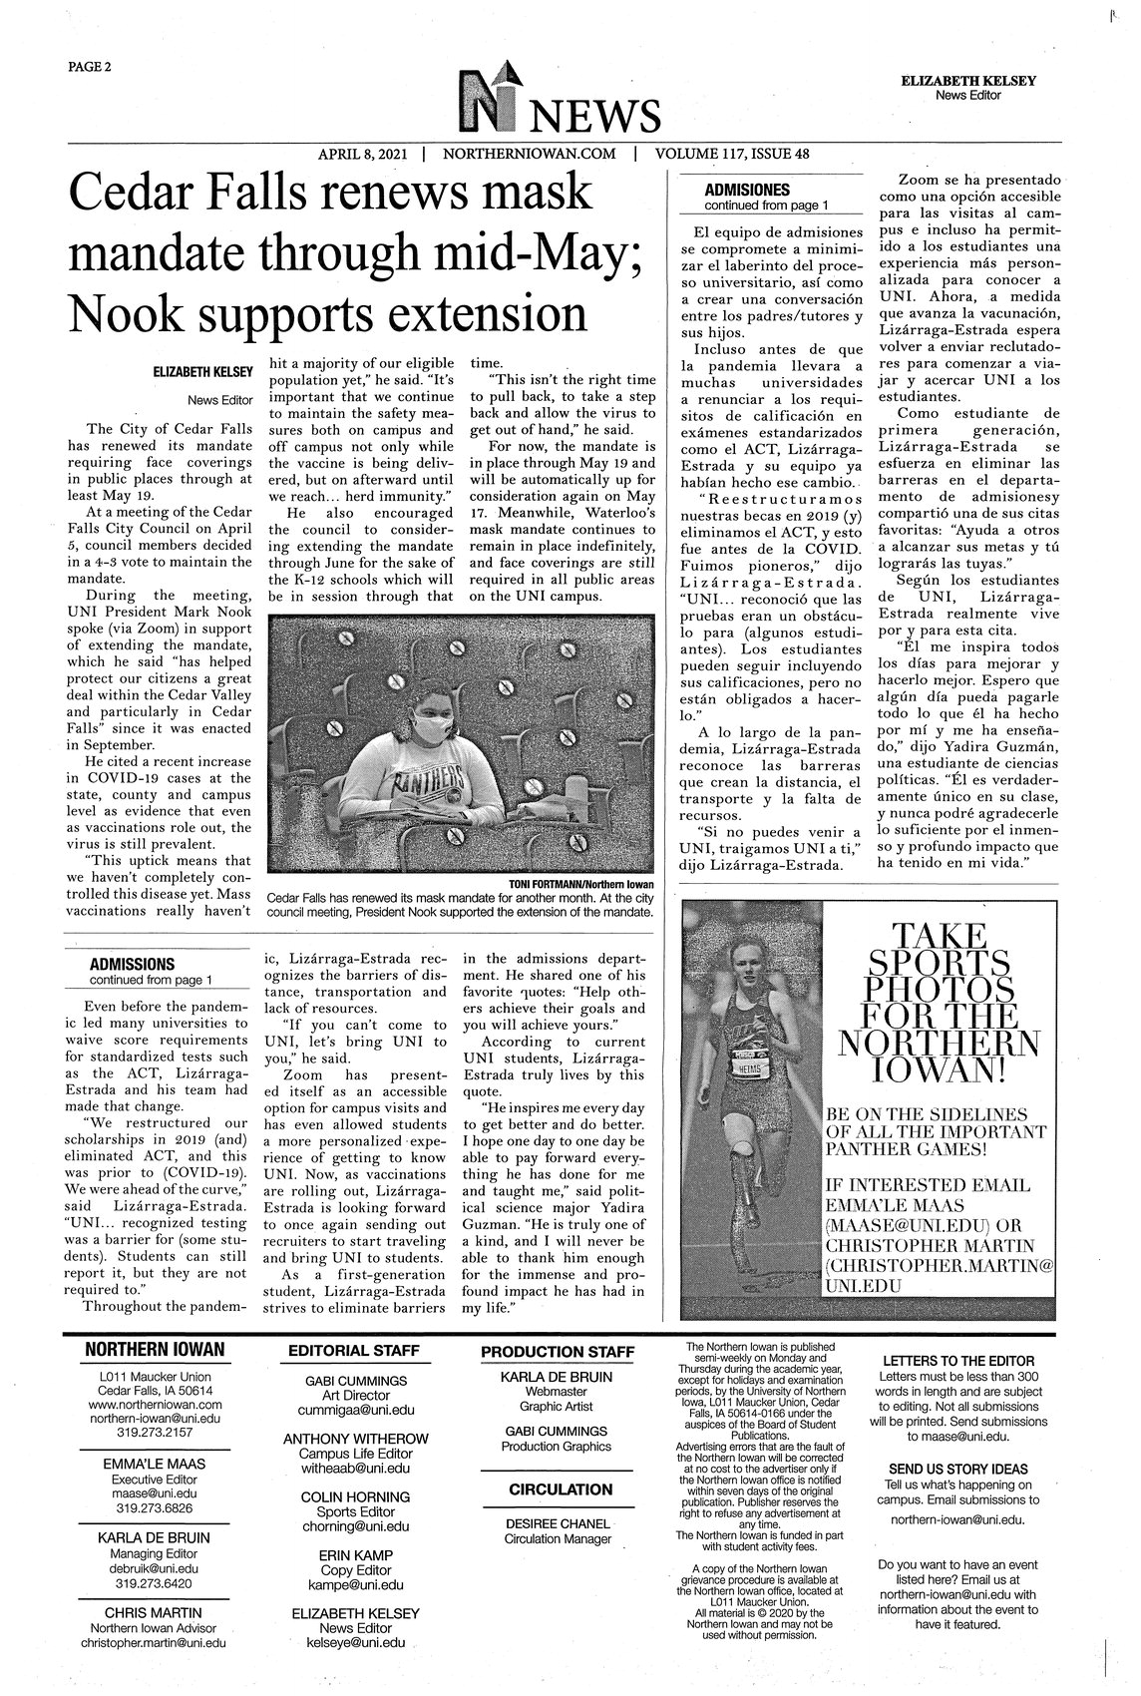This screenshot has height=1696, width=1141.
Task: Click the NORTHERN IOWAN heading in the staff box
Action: (155, 1351)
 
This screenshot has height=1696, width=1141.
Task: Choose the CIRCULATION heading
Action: (561, 1489)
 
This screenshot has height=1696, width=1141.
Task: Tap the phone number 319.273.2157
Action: (155, 1431)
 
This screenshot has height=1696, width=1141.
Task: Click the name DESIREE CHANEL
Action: (557, 1523)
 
